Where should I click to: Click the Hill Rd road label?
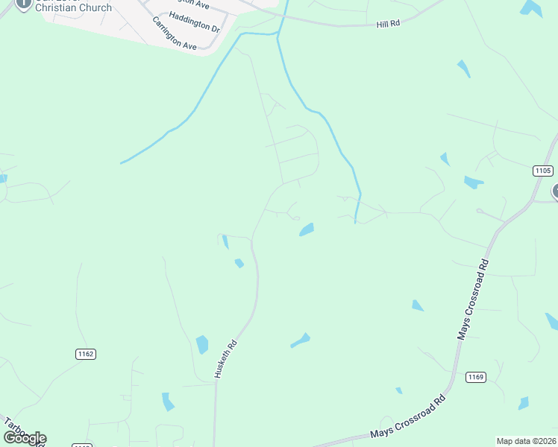coord(389,24)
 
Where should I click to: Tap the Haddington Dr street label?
coord(195,22)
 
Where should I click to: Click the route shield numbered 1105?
coord(543,171)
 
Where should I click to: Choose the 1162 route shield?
coord(86,354)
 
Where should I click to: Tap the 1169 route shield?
coord(476,377)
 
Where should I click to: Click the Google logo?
coord(25,438)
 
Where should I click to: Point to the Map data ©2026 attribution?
coord(526,441)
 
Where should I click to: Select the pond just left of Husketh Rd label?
coord(201,344)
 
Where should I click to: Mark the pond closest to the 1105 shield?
coord(474,183)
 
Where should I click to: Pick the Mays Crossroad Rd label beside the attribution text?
coord(413,425)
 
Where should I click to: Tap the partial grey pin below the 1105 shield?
coord(554,191)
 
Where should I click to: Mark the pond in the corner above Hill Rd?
coord(531,7)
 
